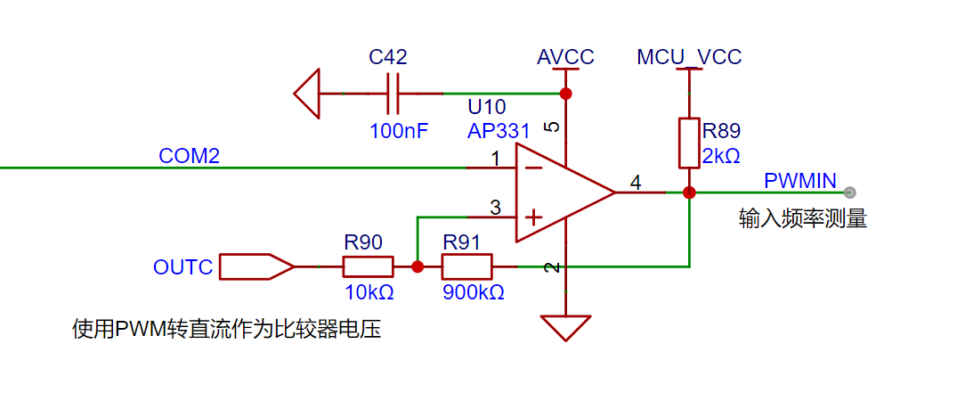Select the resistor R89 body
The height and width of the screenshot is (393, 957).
(688, 143)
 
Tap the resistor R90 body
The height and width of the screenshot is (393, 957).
(368, 266)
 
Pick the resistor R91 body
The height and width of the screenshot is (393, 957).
(466, 266)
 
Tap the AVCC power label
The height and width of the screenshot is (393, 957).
(565, 58)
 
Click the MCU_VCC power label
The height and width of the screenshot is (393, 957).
(689, 58)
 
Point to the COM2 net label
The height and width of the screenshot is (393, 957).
(189, 156)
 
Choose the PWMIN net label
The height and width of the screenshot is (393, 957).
(799, 181)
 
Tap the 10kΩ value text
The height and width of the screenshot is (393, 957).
(369, 292)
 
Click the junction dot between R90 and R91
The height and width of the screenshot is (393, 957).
(417, 266)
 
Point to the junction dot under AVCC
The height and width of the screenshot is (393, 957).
(564, 94)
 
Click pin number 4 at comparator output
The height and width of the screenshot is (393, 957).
(636, 183)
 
